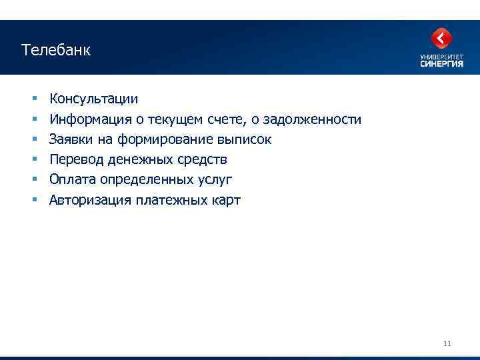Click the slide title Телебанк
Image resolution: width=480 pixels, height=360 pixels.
(x=55, y=50)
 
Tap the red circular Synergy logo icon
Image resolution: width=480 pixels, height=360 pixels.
(x=441, y=39)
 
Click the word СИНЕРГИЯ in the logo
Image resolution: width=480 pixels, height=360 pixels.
(x=441, y=64)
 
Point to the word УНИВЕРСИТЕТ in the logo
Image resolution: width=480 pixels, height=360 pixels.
(x=441, y=57)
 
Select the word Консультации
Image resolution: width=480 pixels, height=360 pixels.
(x=94, y=99)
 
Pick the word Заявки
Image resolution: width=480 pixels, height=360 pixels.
(x=69, y=140)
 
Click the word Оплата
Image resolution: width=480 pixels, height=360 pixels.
(x=72, y=180)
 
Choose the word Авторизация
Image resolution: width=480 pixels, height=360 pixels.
(x=90, y=201)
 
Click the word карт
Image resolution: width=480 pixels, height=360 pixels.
(x=225, y=201)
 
